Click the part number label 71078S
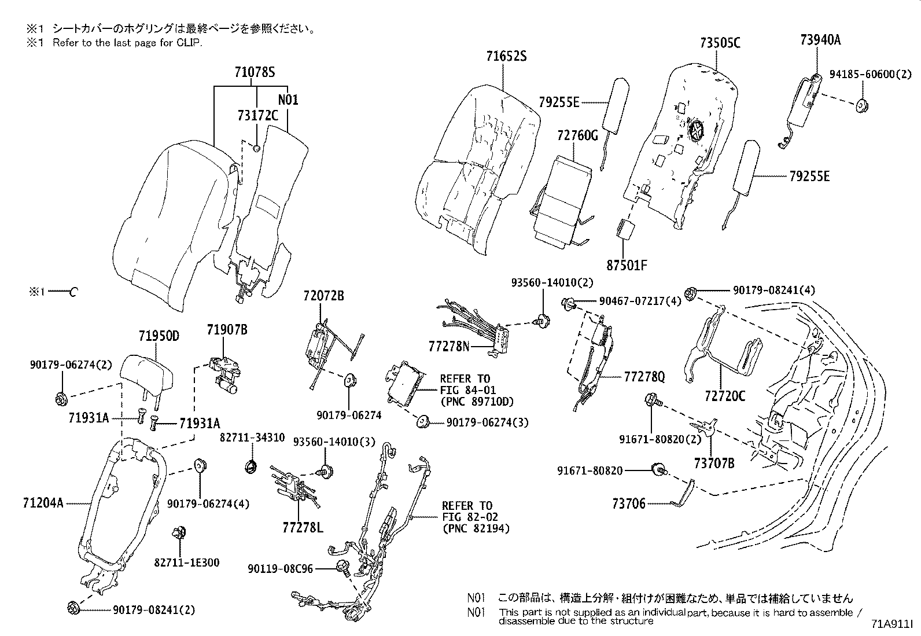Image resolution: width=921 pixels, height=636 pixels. point(254,73)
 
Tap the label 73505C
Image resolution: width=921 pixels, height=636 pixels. point(720,43)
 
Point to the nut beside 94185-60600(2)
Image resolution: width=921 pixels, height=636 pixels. point(863,105)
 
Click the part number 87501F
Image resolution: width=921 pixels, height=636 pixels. point(627,266)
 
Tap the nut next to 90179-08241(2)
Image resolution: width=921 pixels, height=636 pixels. point(73,608)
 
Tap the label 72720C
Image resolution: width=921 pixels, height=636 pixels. point(725,396)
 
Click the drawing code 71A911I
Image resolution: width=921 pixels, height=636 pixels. point(892,626)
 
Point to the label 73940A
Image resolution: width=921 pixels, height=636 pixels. point(820,40)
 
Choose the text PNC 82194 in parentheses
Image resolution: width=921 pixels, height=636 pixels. point(476,528)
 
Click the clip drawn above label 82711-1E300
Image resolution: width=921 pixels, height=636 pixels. point(178,532)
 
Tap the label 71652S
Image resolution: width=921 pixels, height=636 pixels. point(506,57)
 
